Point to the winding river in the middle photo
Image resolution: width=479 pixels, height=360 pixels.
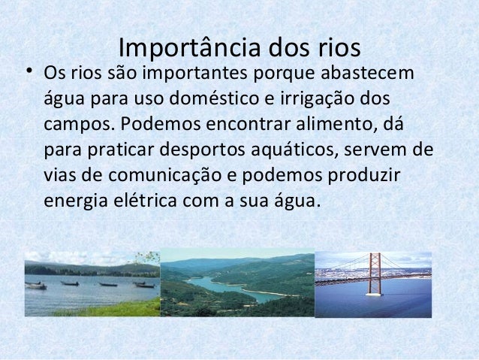pos(225,286)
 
